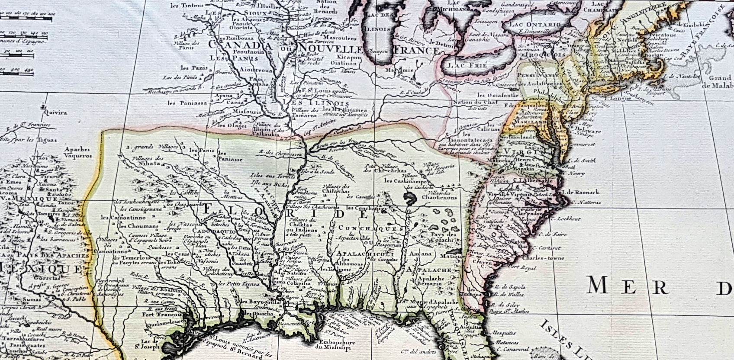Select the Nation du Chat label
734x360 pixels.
point(475,103)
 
